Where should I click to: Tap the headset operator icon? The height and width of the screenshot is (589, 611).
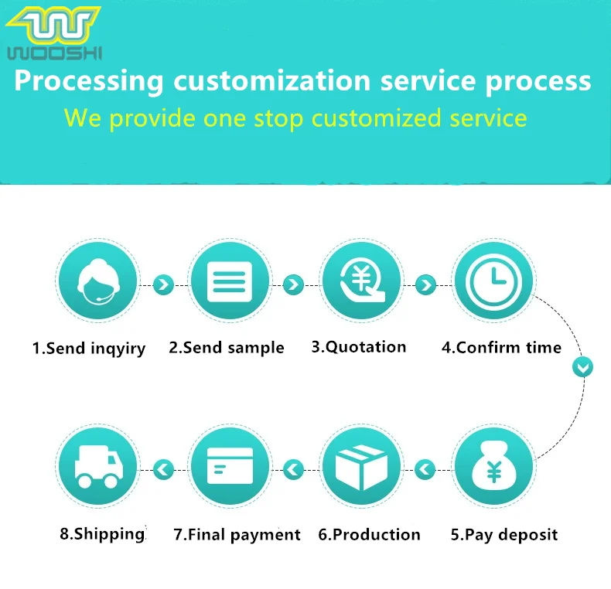tap(97, 281)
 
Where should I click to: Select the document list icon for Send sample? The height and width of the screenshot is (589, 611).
tap(230, 281)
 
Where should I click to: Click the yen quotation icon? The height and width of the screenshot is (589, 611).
tap(361, 281)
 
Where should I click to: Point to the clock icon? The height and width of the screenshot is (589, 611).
tap(493, 281)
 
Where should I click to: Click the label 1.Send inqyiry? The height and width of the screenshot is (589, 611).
tap(88, 349)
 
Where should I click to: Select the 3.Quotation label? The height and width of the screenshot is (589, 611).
tap(358, 346)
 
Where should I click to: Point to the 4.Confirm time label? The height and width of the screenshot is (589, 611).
tap(501, 347)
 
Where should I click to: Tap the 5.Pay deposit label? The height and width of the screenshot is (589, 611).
tap(503, 534)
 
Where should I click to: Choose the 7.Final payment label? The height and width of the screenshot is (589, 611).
tap(237, 534)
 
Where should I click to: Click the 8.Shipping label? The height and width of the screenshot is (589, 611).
tap(102, 533)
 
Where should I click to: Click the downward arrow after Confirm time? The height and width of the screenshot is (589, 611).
tap(582, 366)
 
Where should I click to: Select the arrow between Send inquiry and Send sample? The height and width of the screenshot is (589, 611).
tap(163, 284)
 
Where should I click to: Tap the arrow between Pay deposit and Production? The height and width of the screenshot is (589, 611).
tap(425, 468)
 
